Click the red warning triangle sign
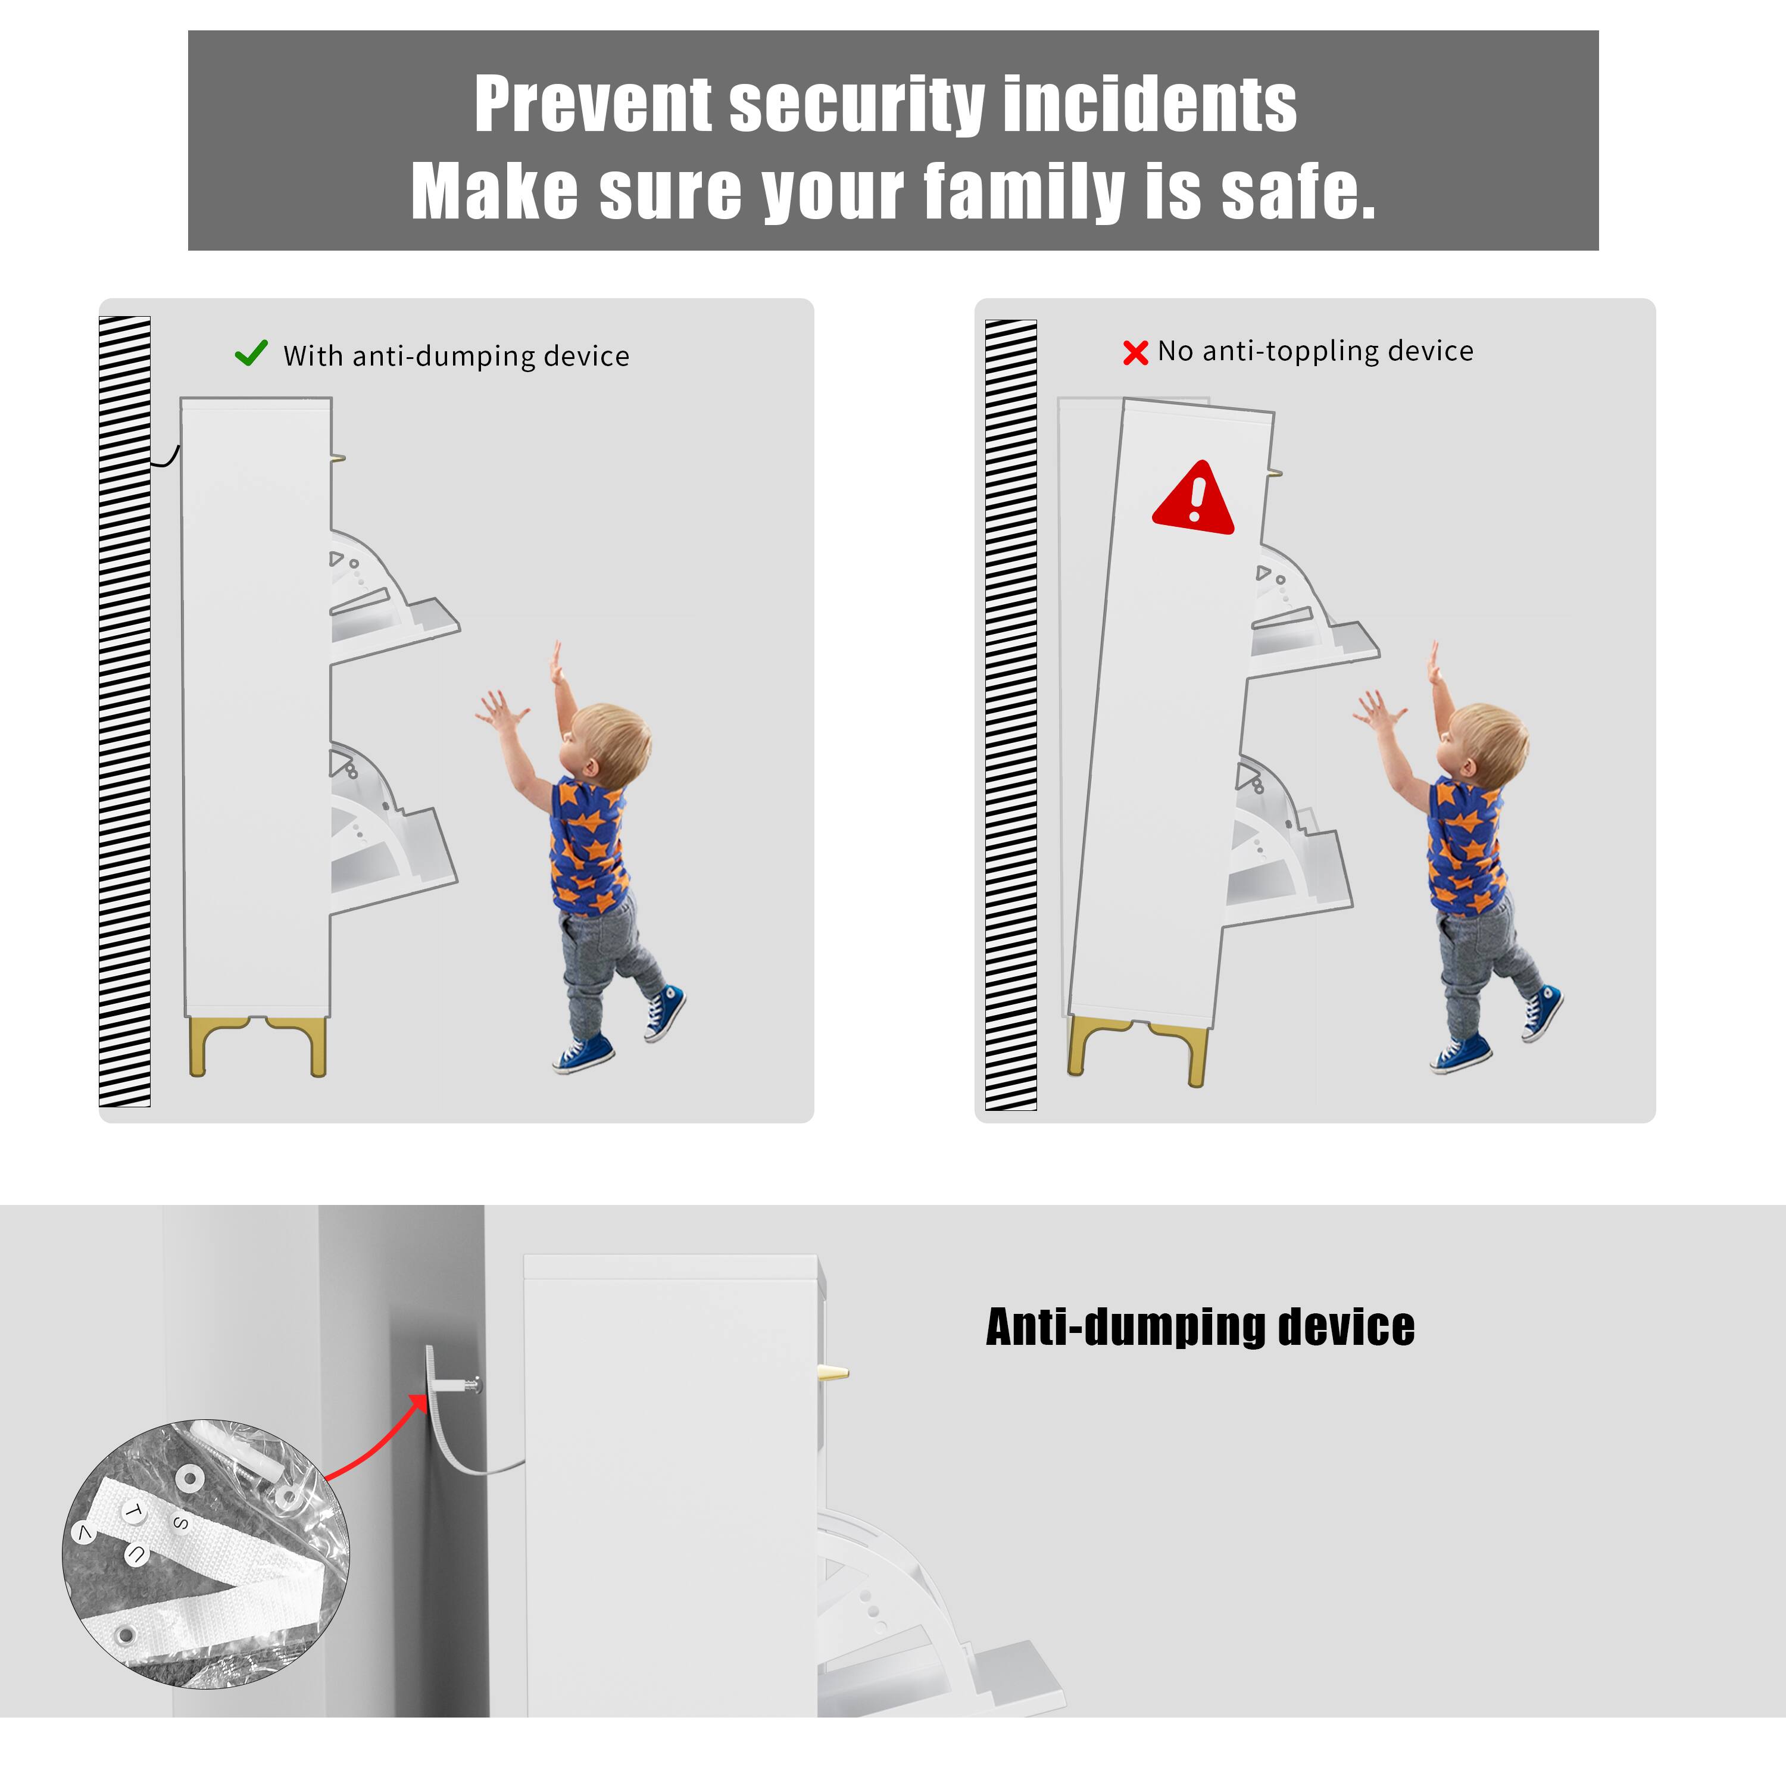tap(1194, 500)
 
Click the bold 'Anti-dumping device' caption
tap(1199, 1328)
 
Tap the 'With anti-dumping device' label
tap(456, 356)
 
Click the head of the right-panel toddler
tap(1487, 739)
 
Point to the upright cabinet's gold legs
tap(258, 1045)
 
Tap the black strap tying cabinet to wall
tap(167, 458)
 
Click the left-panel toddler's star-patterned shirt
tap(588, 846)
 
